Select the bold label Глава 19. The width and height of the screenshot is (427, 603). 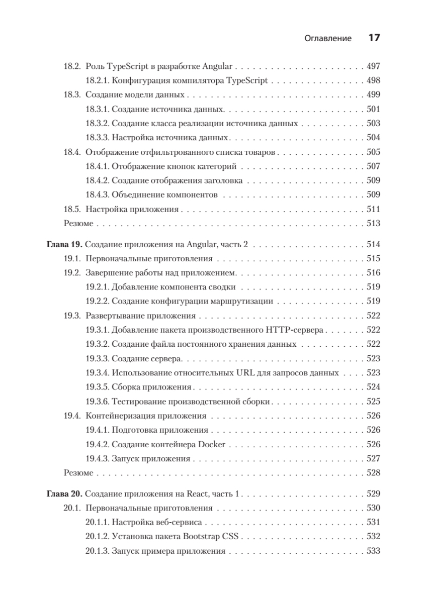click(64, 245)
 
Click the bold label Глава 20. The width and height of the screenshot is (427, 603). click(64, 493)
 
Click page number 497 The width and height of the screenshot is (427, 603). click(374, 66)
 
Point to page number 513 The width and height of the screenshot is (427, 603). click(374, 223)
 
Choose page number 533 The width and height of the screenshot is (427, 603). click(374, 551)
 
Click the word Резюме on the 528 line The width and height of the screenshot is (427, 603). click(78, 473)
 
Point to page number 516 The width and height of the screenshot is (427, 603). click(374, 273)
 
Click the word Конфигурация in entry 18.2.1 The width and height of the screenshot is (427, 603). click(139, 80)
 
